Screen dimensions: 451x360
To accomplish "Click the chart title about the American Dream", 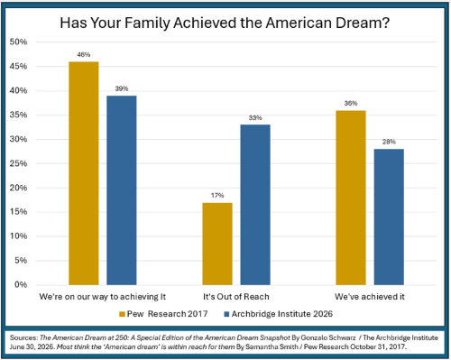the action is tap(225, 23).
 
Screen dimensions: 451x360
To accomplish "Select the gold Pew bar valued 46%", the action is tap(84, 173).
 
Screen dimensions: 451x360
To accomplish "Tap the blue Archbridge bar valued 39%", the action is tap(122, 190).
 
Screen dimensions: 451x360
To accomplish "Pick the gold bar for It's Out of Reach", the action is tap(217, 244).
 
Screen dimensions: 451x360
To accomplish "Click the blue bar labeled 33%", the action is tap(255, 205).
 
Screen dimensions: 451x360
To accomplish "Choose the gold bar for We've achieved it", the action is tap(351, 198).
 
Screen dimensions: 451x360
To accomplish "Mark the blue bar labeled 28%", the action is tap(389, 217).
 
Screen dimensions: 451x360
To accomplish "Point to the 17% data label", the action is tap(217, 196).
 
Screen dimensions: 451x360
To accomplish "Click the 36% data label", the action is tap(351, 103).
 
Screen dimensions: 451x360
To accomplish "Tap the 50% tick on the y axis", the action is tap(18, 42).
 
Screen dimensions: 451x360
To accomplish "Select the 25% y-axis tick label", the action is tap(18, 163).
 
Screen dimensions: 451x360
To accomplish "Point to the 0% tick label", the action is tap(21, 284).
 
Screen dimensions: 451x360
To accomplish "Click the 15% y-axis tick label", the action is tap(18, 212).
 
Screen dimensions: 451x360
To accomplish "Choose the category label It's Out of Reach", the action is tap(236, 297).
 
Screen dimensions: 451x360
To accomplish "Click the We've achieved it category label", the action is tap(370, 297).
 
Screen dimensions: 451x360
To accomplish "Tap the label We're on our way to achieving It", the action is tap(103, 297).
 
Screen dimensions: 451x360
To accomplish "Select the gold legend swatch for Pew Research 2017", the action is tap(122, 314).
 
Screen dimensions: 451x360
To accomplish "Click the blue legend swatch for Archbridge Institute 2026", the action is tap(226, 314).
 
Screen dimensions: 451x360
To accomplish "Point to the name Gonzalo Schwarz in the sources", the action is tap(328, 337).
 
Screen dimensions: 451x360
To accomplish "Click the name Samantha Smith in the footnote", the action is tap(272, 346).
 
